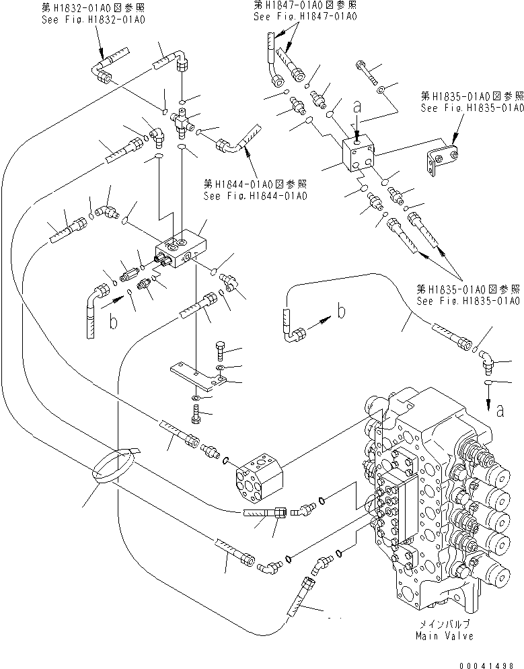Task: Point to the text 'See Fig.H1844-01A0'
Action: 255,196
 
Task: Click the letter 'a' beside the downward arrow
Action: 498,411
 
